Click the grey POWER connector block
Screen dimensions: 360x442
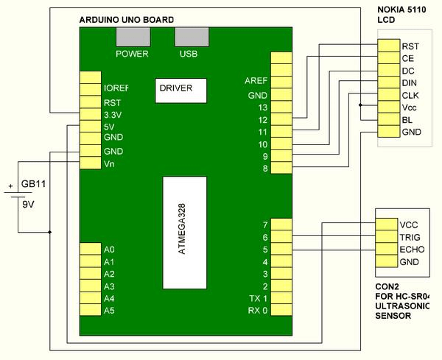click(133, 38)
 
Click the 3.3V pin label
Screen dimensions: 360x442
click(114, 115)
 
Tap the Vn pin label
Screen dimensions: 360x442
click(110, 163)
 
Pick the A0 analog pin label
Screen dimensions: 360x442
click(109, 250)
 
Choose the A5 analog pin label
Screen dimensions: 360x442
click(109, 310)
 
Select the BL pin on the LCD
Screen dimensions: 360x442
click(407, 119)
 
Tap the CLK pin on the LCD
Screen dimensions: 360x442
click(410, 95)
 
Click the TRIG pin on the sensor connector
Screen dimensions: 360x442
click(410, 236)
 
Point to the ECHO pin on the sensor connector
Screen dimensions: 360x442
click(411, 249)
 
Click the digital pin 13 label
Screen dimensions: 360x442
click(262, 107)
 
